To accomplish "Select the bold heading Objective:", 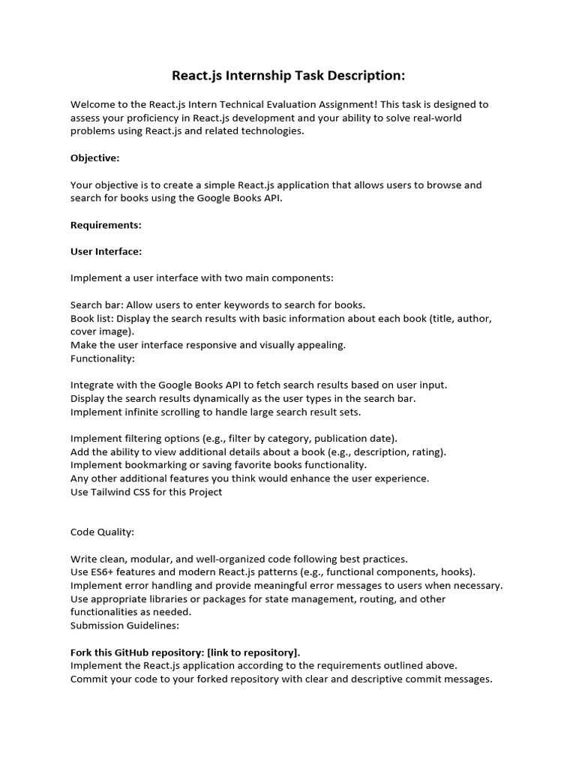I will [x=95, y=158].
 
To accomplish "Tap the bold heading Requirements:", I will [x=106, y=225].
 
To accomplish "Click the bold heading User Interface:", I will [x=106, y=251].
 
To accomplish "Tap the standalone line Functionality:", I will [x=103, y=358].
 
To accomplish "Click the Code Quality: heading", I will [x=103, y=532].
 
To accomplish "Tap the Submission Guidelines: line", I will [x=125, y=625].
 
